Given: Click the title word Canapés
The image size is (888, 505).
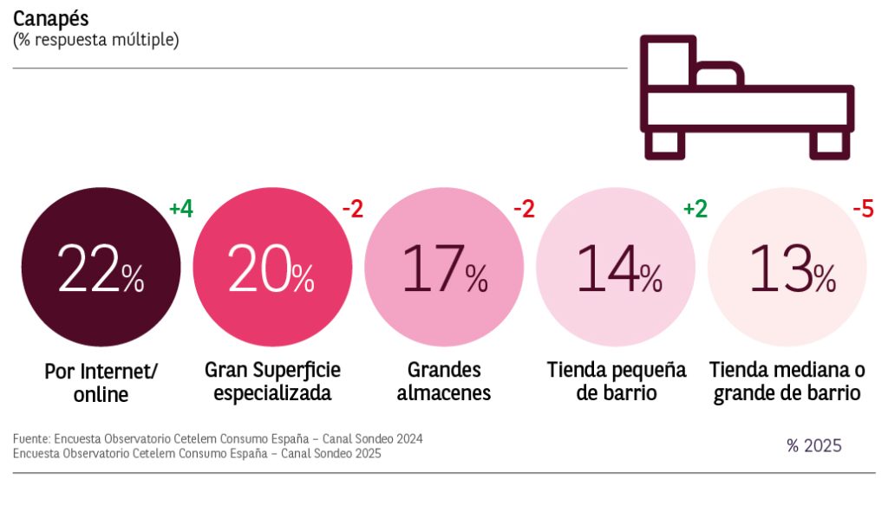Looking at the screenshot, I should click(50, 18).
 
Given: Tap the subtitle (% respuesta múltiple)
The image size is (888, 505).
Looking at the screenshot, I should click(96, 40).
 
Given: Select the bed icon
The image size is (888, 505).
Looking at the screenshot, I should click(746, 96).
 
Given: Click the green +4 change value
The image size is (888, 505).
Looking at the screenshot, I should click(180, 209).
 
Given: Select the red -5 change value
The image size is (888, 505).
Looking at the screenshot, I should click(862, 209).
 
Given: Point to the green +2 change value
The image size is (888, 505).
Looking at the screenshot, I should click(695, 209).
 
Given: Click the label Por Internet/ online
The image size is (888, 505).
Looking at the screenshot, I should click(101, 383).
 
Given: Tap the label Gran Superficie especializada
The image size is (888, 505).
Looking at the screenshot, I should click(272, 381).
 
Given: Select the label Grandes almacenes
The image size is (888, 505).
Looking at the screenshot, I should click(444, 381).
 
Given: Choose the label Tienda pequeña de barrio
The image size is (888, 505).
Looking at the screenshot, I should click(616, 381).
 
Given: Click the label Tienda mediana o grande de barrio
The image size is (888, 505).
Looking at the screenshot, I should click(787, 381).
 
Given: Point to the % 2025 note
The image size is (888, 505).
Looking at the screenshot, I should click(813, 446).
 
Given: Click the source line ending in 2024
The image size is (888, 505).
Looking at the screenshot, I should click(218, 439).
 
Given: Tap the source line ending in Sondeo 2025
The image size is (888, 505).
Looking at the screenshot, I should click(197, 453).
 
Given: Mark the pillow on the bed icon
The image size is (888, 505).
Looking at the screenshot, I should click(719, 76).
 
